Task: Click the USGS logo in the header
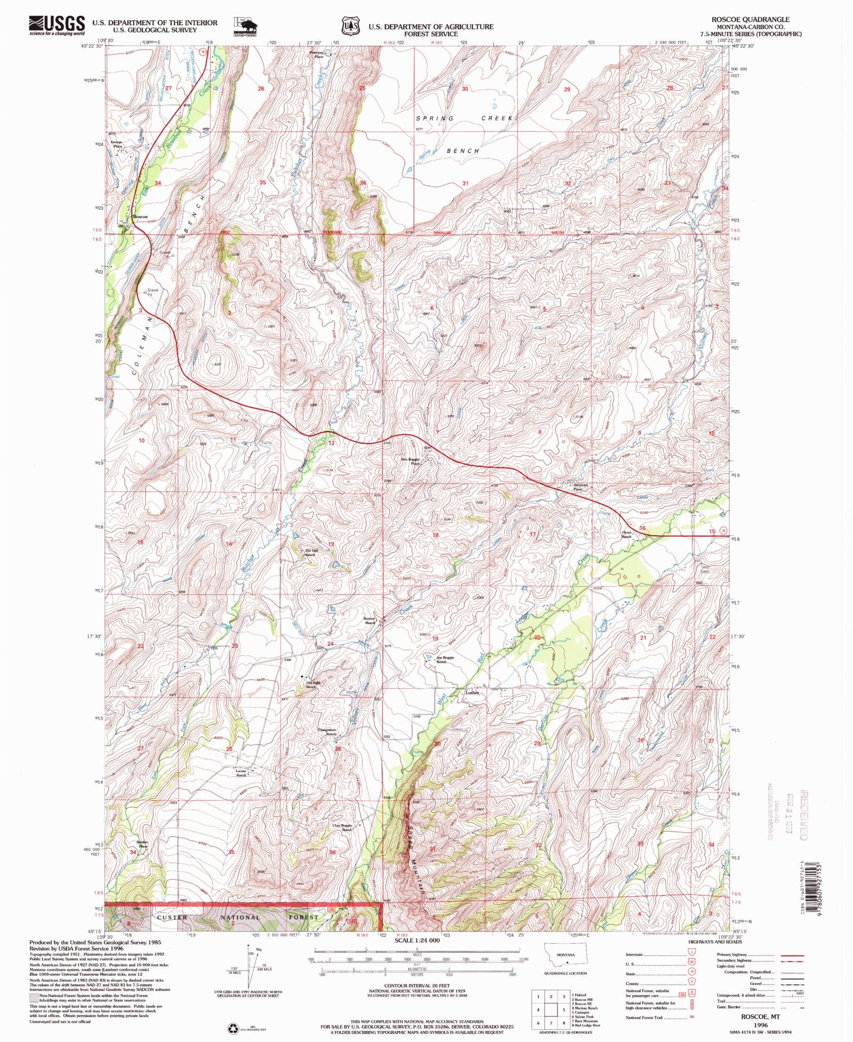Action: click(57, 25)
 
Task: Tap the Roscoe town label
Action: click(140, 217)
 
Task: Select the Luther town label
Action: click(472, 693)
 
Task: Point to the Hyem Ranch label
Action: click(626, 534)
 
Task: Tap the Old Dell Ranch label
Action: click(310, 553)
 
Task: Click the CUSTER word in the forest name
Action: click(172, 918)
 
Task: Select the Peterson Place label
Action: click(318, 54)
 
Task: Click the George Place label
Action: click(116, 144)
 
